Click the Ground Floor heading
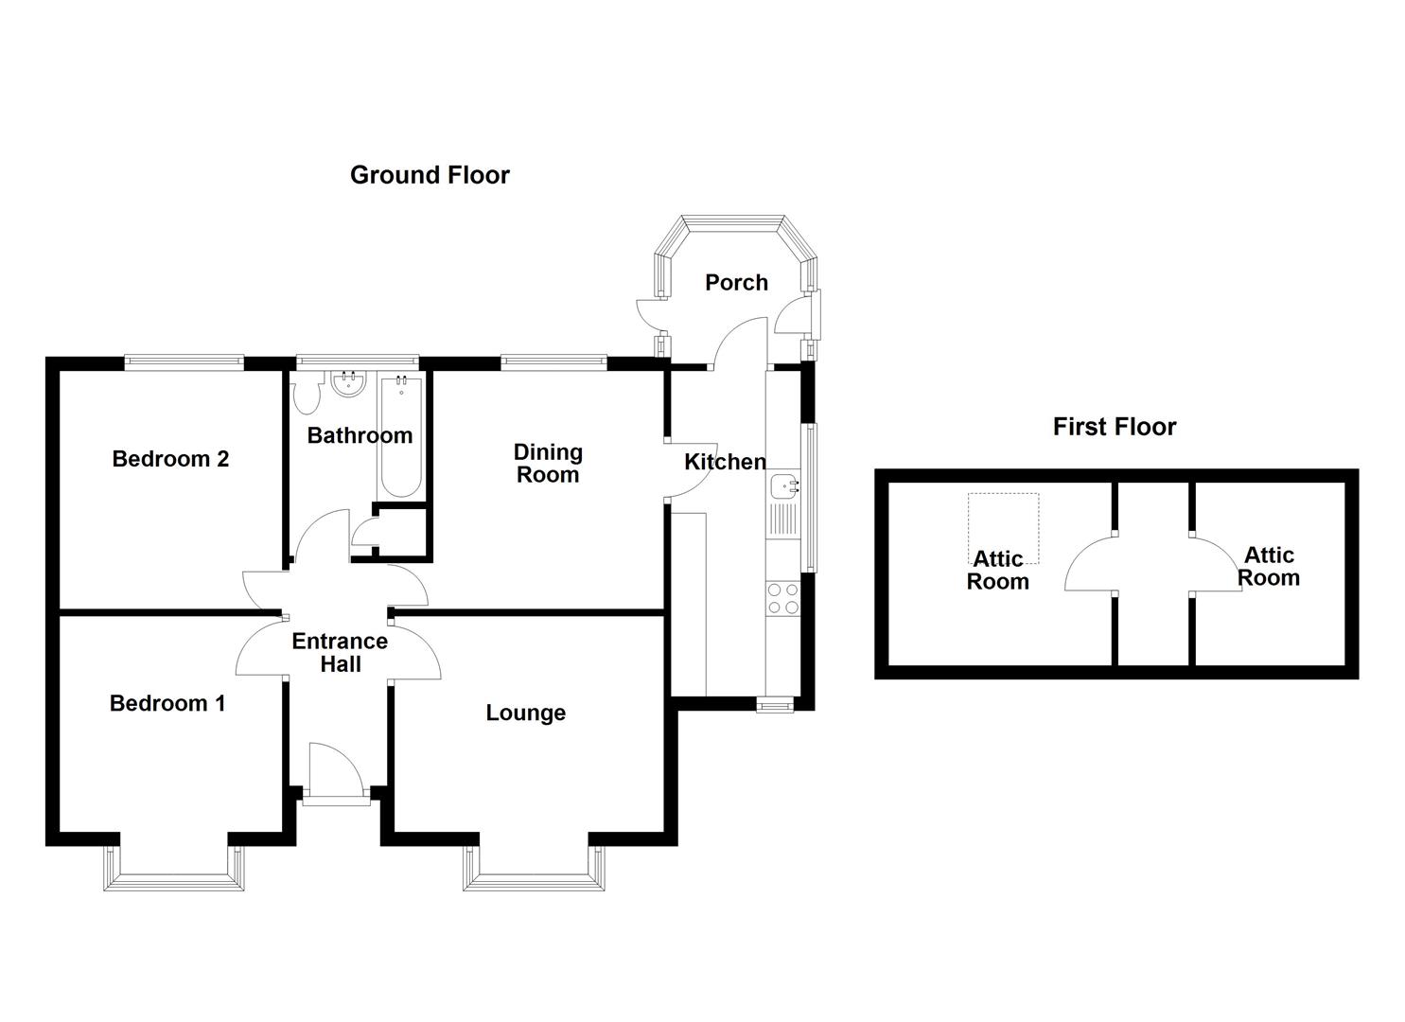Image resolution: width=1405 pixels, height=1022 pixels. point(430,175)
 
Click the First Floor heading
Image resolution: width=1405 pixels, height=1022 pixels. point(1114,427)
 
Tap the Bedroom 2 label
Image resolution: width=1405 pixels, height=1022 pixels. point(170,459)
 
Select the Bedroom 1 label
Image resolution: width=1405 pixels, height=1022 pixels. point(167,703)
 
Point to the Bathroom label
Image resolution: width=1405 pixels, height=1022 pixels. point(360,435)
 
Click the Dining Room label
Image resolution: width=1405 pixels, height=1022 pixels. point(548,464)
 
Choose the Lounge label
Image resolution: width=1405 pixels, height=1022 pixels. point(525,713)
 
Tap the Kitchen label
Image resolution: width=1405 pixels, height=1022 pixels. point(725,462)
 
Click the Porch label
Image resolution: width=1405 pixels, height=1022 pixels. point(736,282)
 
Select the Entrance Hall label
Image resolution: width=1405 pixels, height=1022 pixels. point(340,652)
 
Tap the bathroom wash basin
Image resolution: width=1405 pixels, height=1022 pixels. point(350,384)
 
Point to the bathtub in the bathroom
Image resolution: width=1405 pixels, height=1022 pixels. point(401,435)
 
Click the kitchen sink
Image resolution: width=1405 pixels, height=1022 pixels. point(785,487)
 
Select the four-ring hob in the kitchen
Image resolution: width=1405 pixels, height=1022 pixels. point(783,598)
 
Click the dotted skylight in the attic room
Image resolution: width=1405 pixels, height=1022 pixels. point(1003,527)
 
